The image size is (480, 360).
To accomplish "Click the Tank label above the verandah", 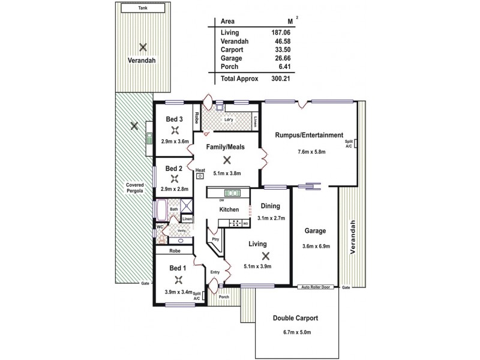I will click(x=142, y=8).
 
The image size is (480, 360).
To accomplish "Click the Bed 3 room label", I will click(x=175, y=119).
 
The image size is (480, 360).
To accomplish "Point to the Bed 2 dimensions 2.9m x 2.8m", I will click(x=175, y=189).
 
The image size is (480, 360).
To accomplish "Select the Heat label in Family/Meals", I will click(x=200, y=170).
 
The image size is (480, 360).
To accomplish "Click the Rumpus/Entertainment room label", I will click(x=309, y=135).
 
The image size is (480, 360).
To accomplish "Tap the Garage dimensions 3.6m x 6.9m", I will click(x=315, y=245).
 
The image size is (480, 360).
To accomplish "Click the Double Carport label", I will click(x=295, y=318).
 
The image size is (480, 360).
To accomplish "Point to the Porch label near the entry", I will click(x=224, y=296).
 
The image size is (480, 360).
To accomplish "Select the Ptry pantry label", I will click(x=216, y=239).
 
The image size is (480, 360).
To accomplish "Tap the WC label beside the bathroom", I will click(x=160, y=227).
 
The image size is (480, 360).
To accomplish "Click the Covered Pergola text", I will click(x=135, y=188).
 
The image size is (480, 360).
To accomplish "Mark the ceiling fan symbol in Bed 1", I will click(x=178, y=278).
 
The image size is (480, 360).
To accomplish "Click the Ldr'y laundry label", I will click(x=229, y=119).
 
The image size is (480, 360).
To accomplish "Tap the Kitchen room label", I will click(x=229, y=209).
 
